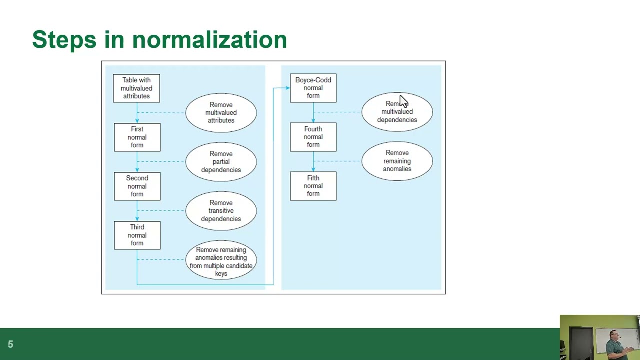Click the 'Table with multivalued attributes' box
point(136,88)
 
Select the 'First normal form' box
point(137,137)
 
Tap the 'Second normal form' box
point(137,186)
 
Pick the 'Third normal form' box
point(137,235)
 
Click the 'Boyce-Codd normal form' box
point(313,88)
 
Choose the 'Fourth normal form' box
point(313,137)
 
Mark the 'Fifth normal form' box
point(313,186)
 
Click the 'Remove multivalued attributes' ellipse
point(221,113)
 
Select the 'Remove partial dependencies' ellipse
point(221,162)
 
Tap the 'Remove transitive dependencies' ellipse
point(221,211)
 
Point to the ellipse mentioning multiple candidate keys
point(221,261)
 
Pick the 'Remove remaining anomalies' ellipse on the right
point(397,161)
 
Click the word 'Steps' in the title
point(64,40)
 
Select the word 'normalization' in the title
point(209,40)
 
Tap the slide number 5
point(10,344)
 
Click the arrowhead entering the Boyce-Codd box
point(287,88)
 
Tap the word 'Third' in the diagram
point(137,227)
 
